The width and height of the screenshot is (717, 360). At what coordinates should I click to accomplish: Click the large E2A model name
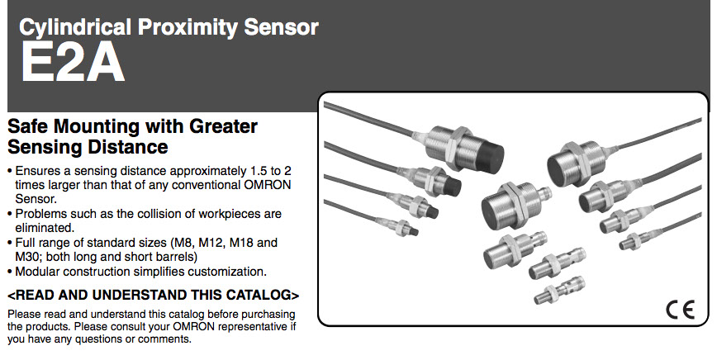[72, 63]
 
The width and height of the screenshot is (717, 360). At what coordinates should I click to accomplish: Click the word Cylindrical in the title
[75, 28]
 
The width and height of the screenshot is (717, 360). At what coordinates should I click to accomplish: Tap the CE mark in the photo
[680, 310]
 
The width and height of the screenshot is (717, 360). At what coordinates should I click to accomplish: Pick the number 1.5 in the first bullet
[258, 171]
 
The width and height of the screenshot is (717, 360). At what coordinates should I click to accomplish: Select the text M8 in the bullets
[181, 243]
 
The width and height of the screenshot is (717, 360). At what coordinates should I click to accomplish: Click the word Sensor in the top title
[281, 28]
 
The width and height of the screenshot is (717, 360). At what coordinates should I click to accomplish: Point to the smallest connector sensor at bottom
[559, 290]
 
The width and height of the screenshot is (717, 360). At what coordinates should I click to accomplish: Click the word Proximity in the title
[188, 28]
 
